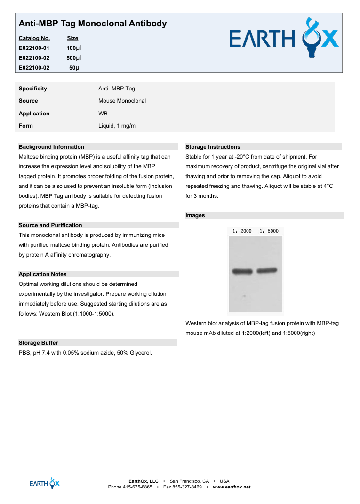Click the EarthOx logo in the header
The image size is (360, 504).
click(284, 38)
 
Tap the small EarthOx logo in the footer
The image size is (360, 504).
click(45, 483)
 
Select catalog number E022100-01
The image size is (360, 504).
click(34, 48)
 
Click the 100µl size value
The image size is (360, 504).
click(73, 48)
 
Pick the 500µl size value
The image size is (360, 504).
click(73, 58)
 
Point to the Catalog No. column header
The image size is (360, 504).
click(34, 38)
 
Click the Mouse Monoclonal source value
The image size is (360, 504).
click(122, 101)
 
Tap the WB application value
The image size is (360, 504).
click(103, 114)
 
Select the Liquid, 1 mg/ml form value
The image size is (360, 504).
click(117, 126)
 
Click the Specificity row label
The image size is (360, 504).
click(33, 89)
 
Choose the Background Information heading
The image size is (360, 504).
click(51, 147)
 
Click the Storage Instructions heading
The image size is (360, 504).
click(213, 147)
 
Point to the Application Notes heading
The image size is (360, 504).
click(42, 274)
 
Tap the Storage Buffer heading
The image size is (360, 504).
click(38, 343)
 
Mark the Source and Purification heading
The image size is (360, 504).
click(50, 225)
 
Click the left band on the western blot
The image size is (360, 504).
click(242, 271)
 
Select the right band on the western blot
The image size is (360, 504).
click(267, 270)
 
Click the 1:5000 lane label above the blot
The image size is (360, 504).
click(269, 231)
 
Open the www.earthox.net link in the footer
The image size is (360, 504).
click(232, 487)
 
